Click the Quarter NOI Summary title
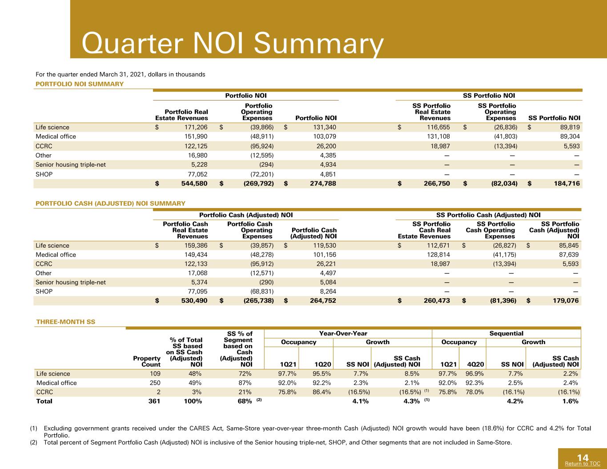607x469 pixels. pyautogui.click(x=233, y=44)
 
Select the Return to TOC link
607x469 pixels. pyautogui.click(x=583, y=463)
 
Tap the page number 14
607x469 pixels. pyautogui.click(x=583, y=457)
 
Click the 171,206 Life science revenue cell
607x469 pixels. pyautogui.click(x=196, y=127)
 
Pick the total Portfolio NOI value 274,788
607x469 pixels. pyautogui.click(x=323, y=184)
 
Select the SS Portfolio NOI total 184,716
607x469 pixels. pyautogui.click(x=567, y=184)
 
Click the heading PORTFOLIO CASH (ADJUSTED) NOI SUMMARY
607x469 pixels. pyautogui.click(x=110, y=204)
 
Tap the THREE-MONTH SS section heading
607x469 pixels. pyautogui.click(x=66, y=322)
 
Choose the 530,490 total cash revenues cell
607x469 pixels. pyautogui.click(x=194, y=301)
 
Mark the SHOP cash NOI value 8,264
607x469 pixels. pyautogui.click(x=328, y=292)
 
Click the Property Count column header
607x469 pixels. pyautogui.click(x=147, y=361)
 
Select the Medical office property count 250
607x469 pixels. pyautogui.click(x=155, y=383)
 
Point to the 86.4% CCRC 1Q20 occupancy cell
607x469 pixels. pyautogui.click(x=322, y=392)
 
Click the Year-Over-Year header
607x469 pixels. pyautogui.click(x=343, y=333)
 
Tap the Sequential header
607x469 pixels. pyautogui.click(x=506, y=333)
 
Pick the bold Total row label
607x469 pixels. pyautogui.click(x=44, y=401)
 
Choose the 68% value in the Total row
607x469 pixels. pyautogui.click(x=245, y=401)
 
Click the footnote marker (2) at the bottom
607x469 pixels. pyautogui.click(x=33, y=442)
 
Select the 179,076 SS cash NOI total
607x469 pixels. pyautogui.click(x=566, y=301)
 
